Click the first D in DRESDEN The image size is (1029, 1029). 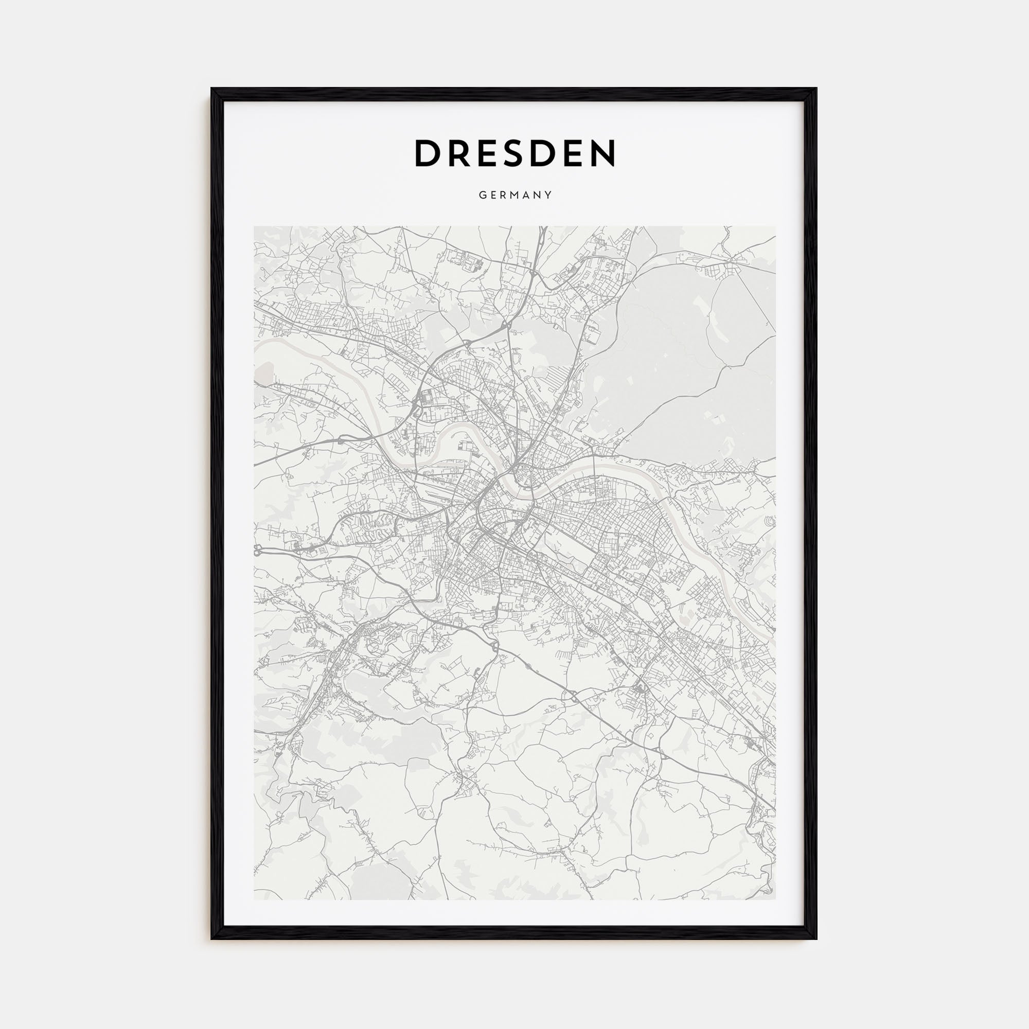coord(428,153)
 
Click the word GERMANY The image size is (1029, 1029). coord(514,195)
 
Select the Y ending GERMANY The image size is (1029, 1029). coord(548,195)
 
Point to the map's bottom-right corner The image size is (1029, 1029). coord(775,899)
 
